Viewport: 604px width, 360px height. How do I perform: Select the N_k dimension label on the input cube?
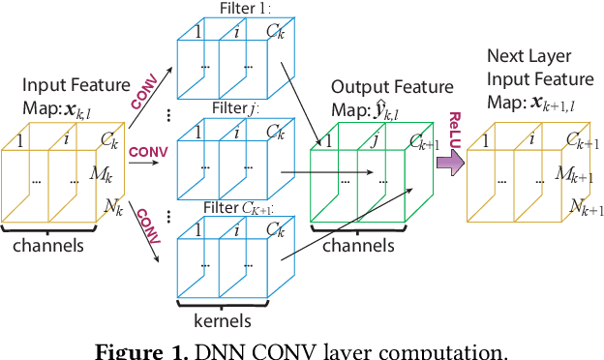112,204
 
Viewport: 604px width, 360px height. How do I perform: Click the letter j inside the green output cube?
373,140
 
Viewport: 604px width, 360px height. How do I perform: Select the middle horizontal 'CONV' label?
147,152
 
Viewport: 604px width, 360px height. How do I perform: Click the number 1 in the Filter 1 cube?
196,31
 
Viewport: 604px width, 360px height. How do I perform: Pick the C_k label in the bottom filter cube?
276,231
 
